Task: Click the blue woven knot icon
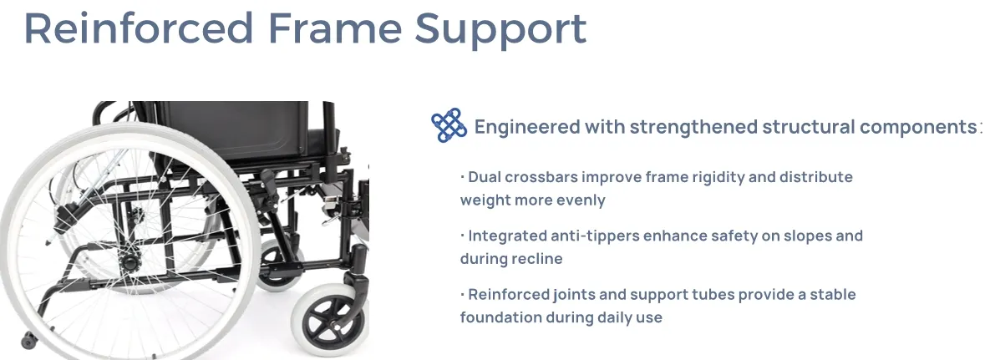[x=449, y=126]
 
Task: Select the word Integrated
[x=506, y=236]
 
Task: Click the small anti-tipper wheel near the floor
[x=29, y=340]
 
